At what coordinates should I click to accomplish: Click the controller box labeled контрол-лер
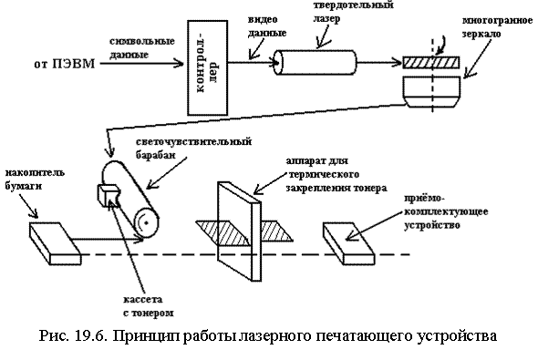[x=207, y=67]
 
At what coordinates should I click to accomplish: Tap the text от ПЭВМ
[x=64, y=64]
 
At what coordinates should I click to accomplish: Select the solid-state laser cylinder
[x=316, y=62]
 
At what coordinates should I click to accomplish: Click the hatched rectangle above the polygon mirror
[x=431, y=63]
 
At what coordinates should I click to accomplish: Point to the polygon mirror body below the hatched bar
[x=432, y=91]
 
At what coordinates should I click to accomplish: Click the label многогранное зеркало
[x=498, y=27]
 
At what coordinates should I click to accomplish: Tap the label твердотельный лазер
[x=353, y=11]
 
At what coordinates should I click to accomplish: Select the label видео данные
[x=267, y=26]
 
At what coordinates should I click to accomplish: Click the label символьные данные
[x=142, y=48]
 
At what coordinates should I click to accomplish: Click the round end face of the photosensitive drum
[x=147, y=222]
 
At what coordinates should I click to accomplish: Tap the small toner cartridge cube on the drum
[x=109, y=195]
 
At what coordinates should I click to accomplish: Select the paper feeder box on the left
[x=56, y=243]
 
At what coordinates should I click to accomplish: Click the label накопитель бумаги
[x=35, y=180]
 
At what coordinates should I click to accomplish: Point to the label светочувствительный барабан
[x=194, y=149]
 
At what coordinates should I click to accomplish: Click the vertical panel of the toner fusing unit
[x=239, y=231]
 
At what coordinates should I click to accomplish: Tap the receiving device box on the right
[x=349, y=243]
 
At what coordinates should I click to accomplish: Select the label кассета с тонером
[x=149, y=306]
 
